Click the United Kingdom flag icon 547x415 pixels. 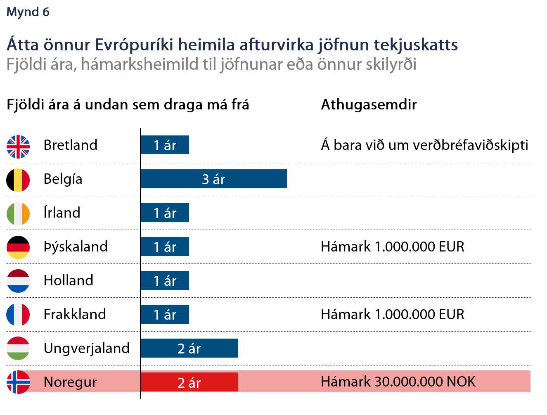(18, 147)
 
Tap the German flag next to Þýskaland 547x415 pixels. (18, 247)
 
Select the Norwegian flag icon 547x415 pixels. (18, 382)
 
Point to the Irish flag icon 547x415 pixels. (18, 213)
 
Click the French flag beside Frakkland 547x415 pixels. (18, 314)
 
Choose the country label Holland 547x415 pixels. (69, 280)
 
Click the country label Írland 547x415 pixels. (62, 213)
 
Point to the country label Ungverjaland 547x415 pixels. (87, 348)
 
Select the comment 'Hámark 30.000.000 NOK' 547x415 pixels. (398, 382)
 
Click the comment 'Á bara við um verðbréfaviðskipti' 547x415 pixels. (424, 145)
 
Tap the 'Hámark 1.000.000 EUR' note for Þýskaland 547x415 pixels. (393, 247)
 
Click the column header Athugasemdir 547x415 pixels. (369, 104)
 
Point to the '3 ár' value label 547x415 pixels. (213, 179)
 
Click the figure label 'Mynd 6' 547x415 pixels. (28, 12)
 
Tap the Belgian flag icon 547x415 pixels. (18, 180)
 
